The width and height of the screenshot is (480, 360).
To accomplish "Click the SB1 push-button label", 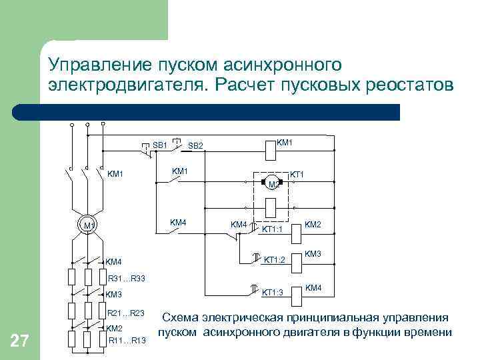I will click(x=160, y=145).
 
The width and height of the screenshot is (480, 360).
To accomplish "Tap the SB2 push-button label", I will click(x=195, y=146).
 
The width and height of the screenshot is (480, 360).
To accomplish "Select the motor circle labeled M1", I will click(x=87, y=225).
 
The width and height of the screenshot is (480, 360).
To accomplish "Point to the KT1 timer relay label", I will click(x=297, y=175).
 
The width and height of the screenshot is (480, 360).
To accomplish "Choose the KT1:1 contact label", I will click(x=272, y=230).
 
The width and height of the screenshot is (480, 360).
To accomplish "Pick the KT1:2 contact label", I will click(x=275, y=260).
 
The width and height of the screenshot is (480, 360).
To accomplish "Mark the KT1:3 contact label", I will click(x=272, y=292).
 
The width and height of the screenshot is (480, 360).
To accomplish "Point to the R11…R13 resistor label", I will click(x=126, y=341).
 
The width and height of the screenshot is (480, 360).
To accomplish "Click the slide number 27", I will click(x=19, y=342).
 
